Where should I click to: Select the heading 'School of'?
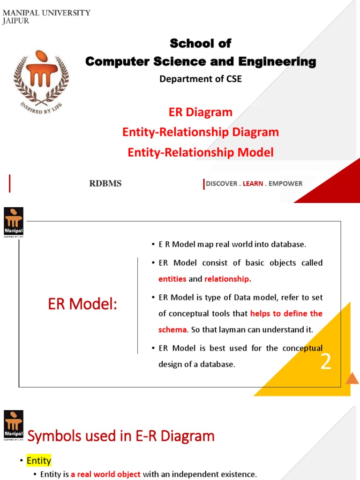point(200,44)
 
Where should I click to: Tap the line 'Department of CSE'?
point(200,79)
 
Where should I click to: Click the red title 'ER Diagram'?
point(200,112)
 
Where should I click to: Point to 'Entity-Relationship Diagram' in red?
point(200,132)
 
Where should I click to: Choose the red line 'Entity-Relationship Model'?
point(200,152)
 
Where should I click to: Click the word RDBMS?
point(105,184)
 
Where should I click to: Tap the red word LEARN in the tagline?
point(253,184)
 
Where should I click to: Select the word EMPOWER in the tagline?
point(285,184)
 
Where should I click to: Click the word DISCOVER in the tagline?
point(221,184)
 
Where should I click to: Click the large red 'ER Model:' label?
point(82,305)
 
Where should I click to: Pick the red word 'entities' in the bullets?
point(172,279)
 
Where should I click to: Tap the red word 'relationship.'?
point(228,279)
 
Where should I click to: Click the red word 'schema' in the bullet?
point(172,330)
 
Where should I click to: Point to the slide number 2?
point(326,362)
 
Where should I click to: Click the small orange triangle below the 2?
point(352,378)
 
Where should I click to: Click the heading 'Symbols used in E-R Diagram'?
point(121,436)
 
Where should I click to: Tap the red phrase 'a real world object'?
point(105,474)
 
